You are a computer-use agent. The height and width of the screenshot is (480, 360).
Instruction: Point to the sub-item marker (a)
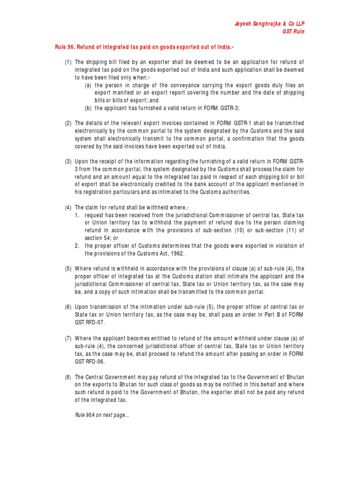[x=88, y=85]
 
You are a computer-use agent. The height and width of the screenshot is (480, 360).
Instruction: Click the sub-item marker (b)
[x=88, y=108]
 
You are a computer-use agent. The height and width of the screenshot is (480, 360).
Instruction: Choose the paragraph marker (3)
[x=69, y=162]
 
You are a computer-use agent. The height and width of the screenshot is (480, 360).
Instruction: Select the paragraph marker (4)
[x=69, y=208]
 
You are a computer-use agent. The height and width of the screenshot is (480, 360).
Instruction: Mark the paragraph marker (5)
[x=69, y=269]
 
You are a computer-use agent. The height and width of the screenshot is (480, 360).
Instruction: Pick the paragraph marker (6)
[x=69, y=307]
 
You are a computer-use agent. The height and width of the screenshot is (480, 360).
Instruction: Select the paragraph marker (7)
[x=69, y=338]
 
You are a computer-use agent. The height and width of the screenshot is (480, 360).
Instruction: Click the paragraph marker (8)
[x=69, y=376]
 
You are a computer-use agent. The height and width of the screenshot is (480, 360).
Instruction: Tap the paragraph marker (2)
[x=69, y=123]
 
